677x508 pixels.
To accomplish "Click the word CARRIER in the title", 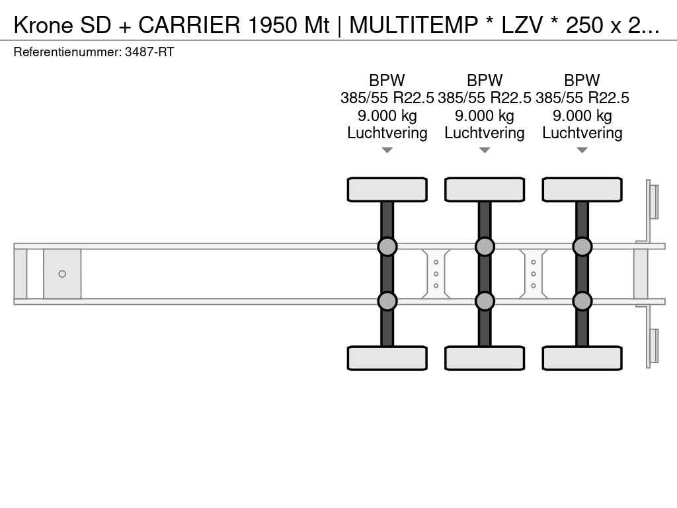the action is pos(189,25).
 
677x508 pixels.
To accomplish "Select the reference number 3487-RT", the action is pos(149,52).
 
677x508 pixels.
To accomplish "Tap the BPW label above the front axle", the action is pos(387,80).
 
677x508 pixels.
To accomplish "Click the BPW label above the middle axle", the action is pos(485,80).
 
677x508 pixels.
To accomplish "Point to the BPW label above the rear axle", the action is pos(582,80).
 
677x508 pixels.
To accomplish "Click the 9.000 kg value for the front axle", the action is pos(387,116).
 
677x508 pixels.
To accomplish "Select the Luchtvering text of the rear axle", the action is pos(582,133).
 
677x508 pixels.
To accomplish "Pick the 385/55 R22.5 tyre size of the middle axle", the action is pos(485,98).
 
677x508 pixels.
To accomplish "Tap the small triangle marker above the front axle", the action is pos(387,150).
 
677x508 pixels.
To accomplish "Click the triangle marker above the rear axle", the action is pos(582,150).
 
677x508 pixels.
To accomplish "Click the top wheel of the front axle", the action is pos(387,190).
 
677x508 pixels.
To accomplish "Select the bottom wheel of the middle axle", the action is pos(485,358).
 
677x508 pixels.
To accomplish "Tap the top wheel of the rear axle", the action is pos(582,190).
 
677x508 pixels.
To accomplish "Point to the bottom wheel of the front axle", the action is pos(387,358).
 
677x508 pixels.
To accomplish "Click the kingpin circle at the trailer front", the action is pos(62,274).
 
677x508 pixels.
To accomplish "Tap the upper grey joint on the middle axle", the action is pos(485,247).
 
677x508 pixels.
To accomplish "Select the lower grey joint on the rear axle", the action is pos(582,301).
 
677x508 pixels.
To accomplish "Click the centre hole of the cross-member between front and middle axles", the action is pos(436,274).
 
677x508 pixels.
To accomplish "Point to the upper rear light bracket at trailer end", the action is pos(652,202).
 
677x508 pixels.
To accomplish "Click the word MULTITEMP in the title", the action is pos(413,25).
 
